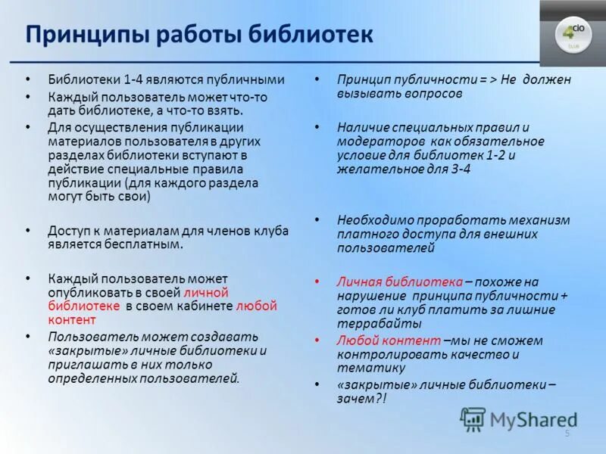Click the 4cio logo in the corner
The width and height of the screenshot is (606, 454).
pyautogui.click(x=572, y=33)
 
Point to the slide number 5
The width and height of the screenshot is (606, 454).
pyautogui.click(x=567, y=432)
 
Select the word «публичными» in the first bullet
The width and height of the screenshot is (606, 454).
pyautogui.click(x=248, y=79)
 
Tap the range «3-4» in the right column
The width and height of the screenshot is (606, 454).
pyautogui.click(x=458, y=169)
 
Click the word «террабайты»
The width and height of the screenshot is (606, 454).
pyautogui.click(x=371, y=323)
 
